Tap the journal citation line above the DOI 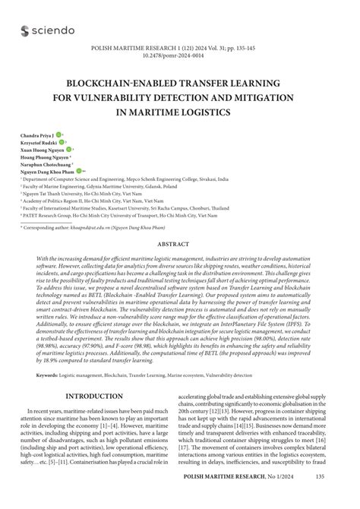pyautogui.click(x=180, y=46)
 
